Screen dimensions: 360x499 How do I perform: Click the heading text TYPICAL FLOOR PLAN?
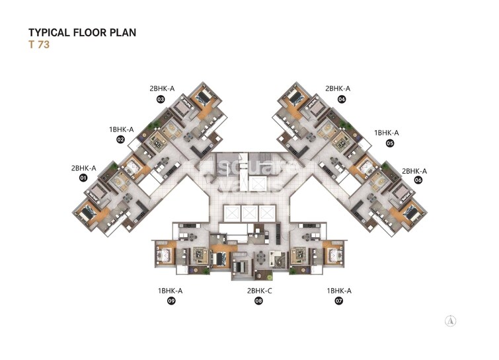pos(82,32)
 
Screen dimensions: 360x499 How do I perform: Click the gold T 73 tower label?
pos(39,47)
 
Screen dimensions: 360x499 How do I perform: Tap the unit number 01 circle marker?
pos(83,178)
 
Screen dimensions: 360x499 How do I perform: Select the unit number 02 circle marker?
pos(121,140)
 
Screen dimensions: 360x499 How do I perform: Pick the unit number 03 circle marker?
pos(161,99)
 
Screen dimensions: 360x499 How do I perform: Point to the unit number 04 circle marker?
pos(342,99)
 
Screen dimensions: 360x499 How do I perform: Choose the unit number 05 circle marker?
pos(390,143)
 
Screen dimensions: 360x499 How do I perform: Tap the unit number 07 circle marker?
pos(339,301)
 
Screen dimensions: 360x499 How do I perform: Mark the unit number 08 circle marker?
pos(258,301)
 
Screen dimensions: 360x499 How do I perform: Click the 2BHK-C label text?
pos(258,291)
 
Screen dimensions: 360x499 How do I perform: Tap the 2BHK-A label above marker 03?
pos(162,89)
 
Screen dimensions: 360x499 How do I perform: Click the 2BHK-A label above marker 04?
pos(338,89)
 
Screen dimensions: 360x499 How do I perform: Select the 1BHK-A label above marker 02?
pos(122,129)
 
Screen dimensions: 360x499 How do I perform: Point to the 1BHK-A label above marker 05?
pos(387,132)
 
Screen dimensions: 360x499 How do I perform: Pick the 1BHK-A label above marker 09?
pos(170,291)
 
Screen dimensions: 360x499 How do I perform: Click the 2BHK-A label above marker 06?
pos(414,170)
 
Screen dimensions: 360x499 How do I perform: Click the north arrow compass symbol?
pos(451,320)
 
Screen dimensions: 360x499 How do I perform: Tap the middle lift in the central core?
pos(250,214)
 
